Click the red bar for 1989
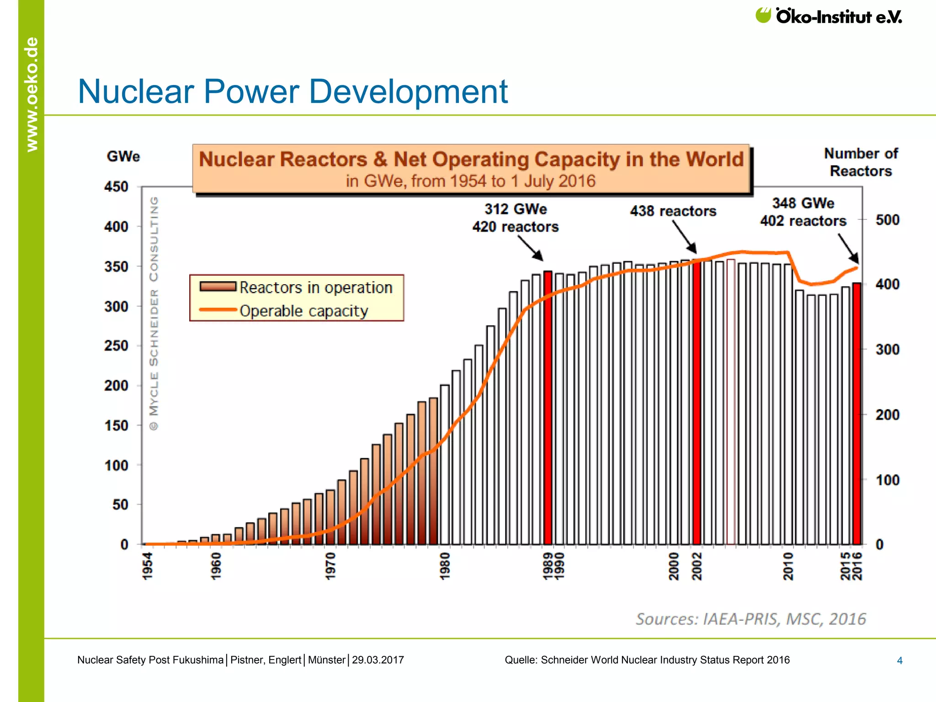point(548,407)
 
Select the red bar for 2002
point(697,402)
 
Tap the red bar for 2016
point(857,414)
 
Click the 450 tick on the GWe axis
point(116,187)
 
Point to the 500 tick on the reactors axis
point(887,220)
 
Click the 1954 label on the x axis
point(148,565)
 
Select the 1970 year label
point(330,565)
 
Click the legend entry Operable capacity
point(303,311)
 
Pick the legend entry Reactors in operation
point(315,287)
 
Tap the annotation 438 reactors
point(673,211)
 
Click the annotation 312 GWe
point(516,209)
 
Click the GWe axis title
point(123,156)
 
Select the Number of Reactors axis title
point(861,162)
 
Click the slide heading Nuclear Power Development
point(292,91)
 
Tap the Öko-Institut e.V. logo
point(829,16)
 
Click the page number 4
point(899,660)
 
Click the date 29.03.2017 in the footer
point(378,660)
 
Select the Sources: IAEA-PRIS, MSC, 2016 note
point(750,619)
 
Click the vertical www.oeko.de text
point(32,94)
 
